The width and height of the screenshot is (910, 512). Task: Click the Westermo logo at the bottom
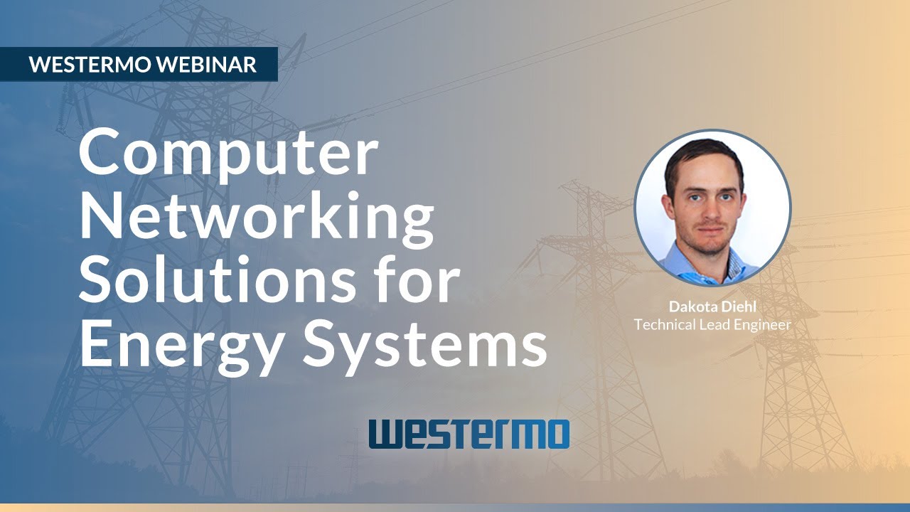point(469,434)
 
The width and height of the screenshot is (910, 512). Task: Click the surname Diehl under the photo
point(739,307)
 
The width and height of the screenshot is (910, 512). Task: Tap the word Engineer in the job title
point(765,325)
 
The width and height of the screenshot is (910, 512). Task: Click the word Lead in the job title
point(717,325)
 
